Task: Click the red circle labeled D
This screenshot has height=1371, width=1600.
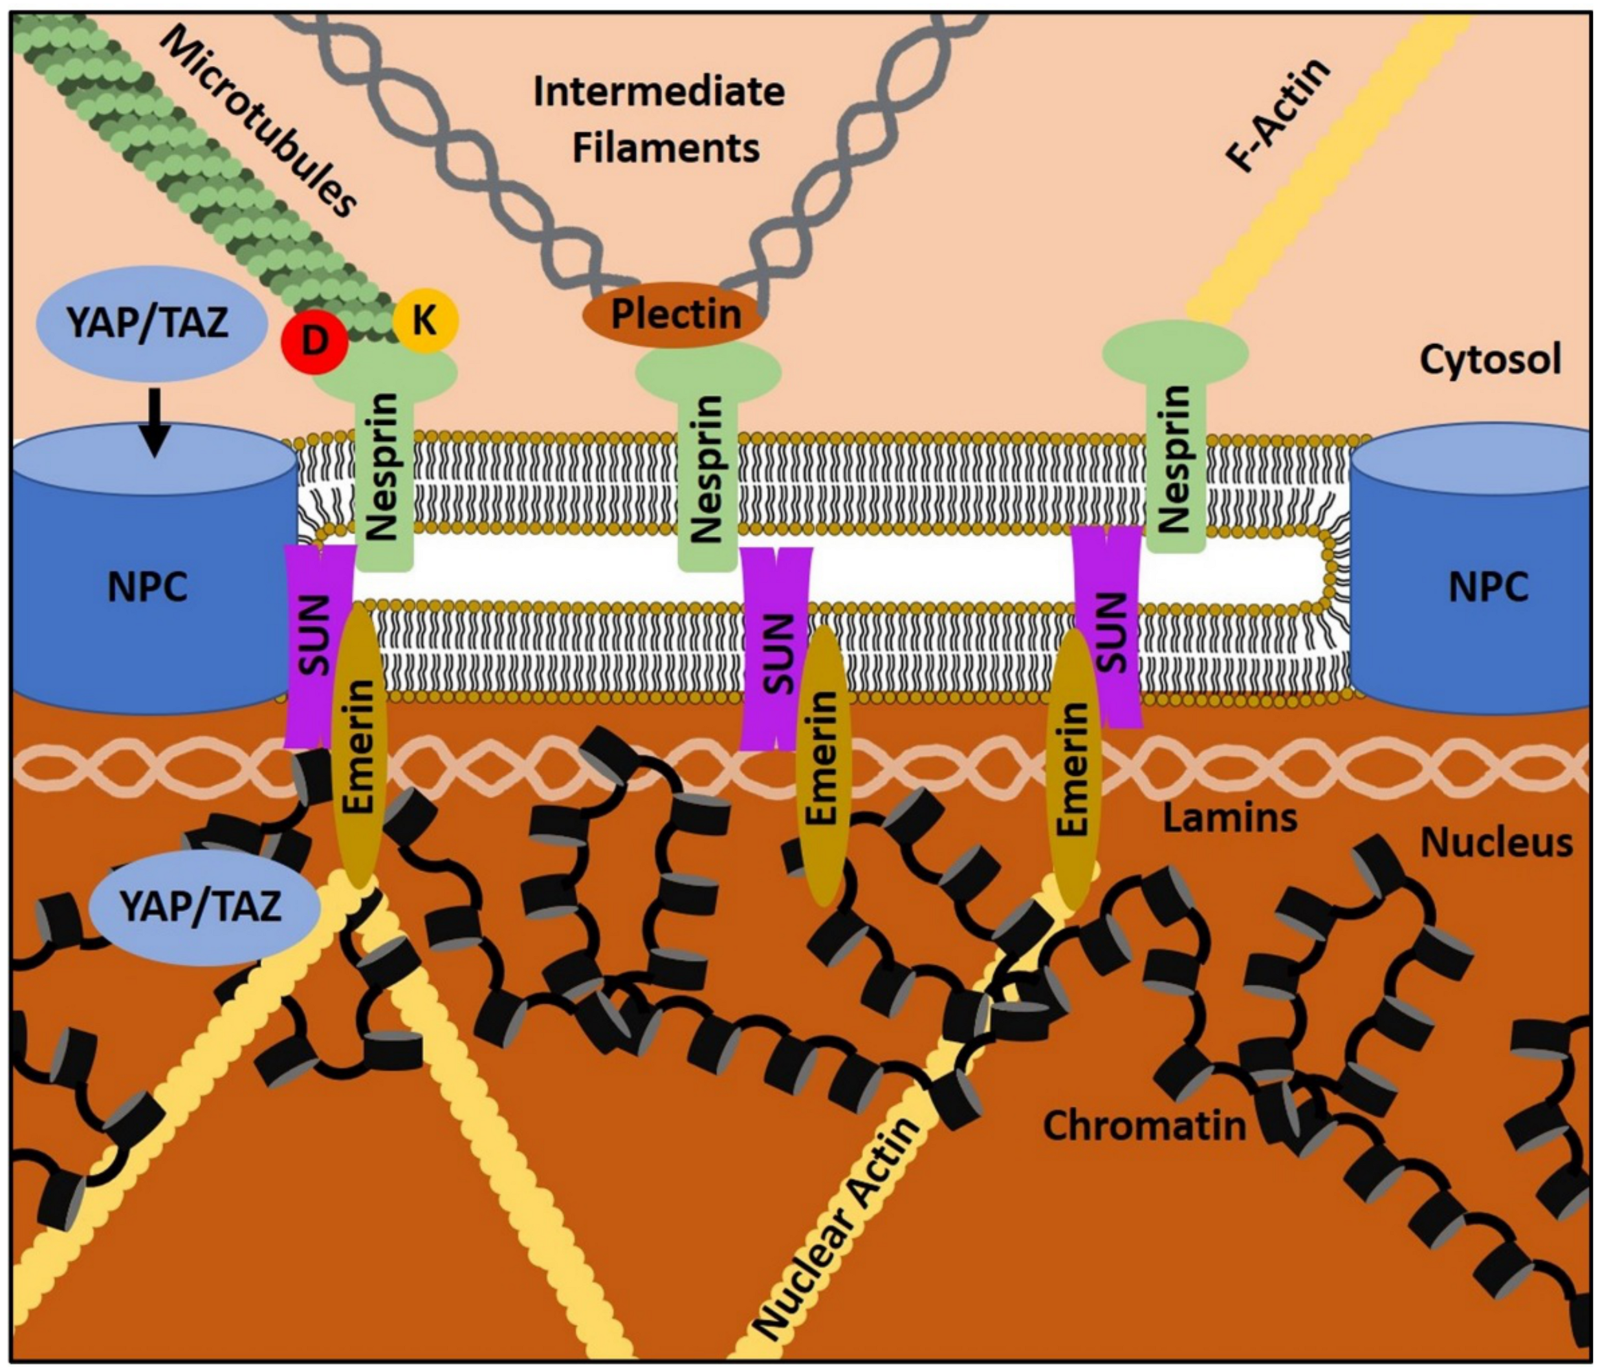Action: pos(314,340)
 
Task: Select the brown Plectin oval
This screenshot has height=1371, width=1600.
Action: pos(674,315)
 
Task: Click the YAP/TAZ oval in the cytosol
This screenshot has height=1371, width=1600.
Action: pos(148,323)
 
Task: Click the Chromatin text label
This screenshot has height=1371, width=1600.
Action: pos(1145,1125)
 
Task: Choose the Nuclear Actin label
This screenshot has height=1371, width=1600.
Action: pos(837,1227)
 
